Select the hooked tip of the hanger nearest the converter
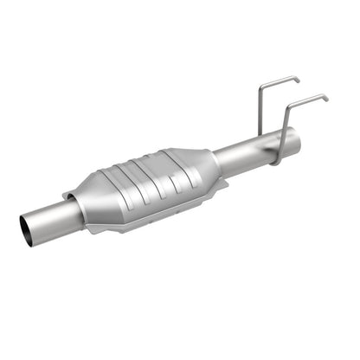coord(298,80)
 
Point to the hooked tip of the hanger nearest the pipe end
coord(325,98)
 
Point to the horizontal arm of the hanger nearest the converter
coord(280,80)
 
